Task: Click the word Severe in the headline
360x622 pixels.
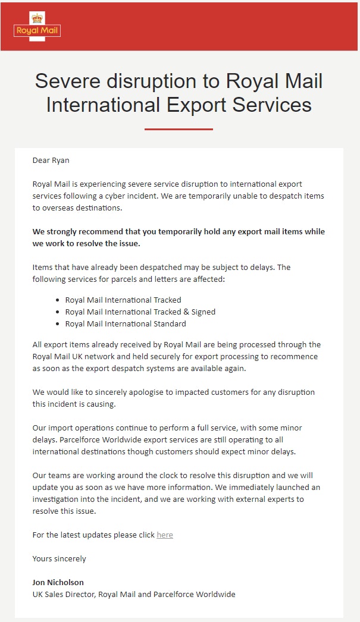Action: click(69, 80)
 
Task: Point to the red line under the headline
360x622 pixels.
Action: click(179, 129)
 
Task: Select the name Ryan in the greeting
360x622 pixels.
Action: click(61, 160)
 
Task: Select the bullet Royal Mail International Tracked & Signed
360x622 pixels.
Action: click(140, 312)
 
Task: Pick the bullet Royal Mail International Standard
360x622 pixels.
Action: click(126, 323)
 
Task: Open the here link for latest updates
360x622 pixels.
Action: click(165, 535)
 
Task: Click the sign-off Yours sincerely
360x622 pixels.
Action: click(59, 558)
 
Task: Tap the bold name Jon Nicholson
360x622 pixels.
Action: click(58, 582)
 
